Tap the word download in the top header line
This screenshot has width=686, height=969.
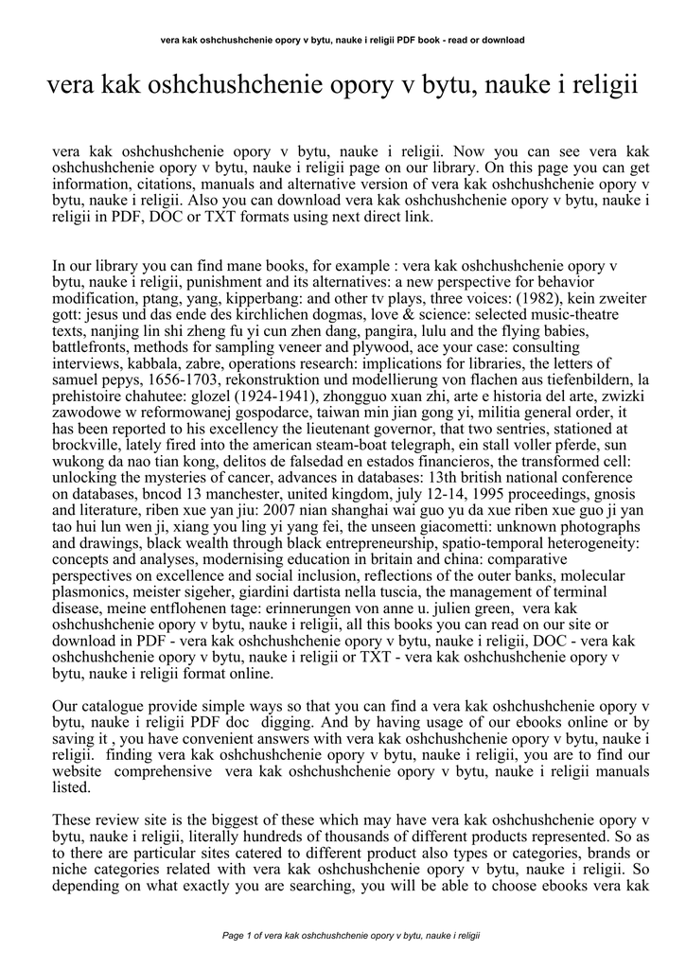click(502, 40)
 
